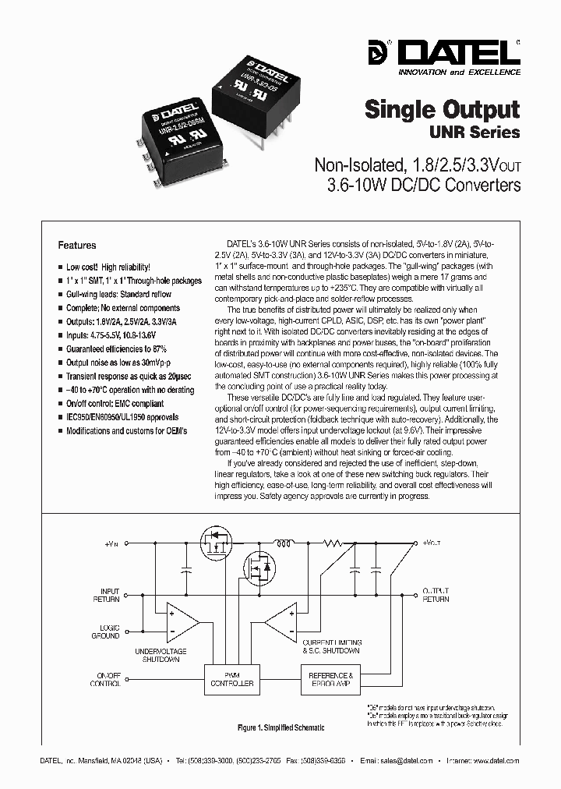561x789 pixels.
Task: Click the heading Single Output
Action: click(x=442, y=108)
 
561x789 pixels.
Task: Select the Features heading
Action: click(x=77, y=245)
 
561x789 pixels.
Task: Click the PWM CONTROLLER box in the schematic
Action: click(x=231, y=678)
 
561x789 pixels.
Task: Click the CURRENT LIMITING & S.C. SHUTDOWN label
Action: click(x=331, y=646)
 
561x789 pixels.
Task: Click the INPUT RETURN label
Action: click(x=110, y=595)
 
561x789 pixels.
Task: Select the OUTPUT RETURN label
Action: click(x=436, y=595)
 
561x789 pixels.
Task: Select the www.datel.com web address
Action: click(x=496, y=760)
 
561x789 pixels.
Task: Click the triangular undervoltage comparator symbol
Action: click(x=182, y=621)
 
